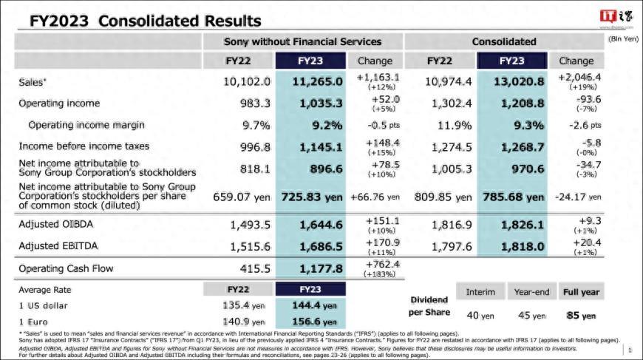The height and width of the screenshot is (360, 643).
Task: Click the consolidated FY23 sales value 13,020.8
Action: [x=513, y=81]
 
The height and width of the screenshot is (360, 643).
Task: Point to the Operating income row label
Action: [x=59, y=103]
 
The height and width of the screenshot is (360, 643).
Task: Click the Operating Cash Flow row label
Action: [x=66, y=269]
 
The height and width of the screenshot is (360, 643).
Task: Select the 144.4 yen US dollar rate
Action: [x=310, y=305]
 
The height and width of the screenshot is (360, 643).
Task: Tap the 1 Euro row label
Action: [x=34, y=322]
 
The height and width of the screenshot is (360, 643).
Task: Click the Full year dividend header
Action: [x=580, y=292]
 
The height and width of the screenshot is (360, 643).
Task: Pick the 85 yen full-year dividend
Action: [x=581, y=316]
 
